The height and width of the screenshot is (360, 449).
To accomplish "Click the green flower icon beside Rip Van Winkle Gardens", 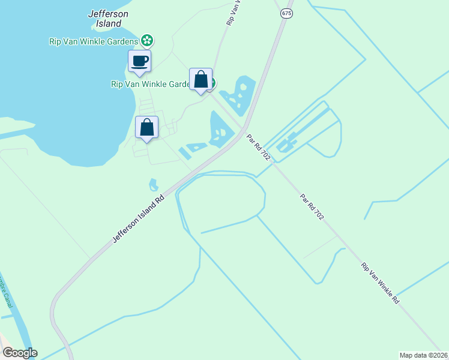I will coord(147,41).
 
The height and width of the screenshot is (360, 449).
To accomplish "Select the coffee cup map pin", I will coord(139,61).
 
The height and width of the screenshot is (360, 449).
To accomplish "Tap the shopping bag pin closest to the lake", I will coord(146,128).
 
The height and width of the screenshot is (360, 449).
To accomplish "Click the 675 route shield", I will coord(286,13).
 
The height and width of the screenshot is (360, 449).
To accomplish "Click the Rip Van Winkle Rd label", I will coord(380,283).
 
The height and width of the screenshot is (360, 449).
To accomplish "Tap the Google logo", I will coord(20,353).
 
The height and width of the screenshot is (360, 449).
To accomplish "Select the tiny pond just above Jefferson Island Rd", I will coord(154,184).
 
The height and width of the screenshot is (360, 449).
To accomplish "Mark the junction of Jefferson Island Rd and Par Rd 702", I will coord(243,129).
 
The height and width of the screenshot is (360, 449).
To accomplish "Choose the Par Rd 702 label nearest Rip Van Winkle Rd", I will coord(312,207).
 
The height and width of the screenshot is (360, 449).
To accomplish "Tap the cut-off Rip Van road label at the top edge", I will coord(234,12).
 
